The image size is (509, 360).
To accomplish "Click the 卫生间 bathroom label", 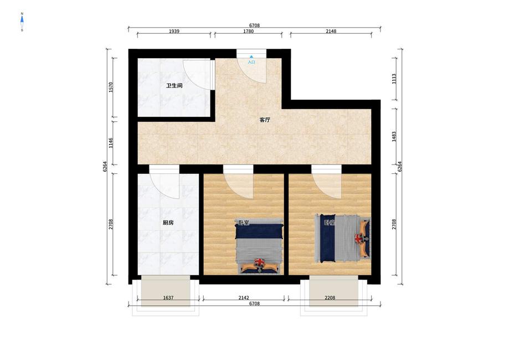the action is (x=174, y=86).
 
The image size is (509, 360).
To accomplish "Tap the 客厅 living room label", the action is (x=265, y=120).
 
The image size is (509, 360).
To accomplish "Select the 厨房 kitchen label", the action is (x=168, y=223).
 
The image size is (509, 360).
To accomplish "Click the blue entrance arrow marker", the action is (x=251, y=56).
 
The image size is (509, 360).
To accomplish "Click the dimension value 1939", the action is (x=174, y=31).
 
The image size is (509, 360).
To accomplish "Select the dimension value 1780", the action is (x=249, y=31).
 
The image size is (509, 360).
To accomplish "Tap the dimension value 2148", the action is (x=331, y=31).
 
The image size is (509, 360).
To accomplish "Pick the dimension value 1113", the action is (x=394, y=79).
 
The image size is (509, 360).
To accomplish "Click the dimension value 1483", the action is (x=394, y=136).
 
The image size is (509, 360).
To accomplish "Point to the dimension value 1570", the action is (x=111, y=88).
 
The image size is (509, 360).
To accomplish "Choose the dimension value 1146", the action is (x=111, y=143).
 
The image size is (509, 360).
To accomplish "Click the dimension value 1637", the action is (x=168, y=297).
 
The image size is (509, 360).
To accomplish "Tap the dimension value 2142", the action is (x=244, y=297).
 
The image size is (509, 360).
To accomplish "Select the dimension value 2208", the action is (x=330, y=297).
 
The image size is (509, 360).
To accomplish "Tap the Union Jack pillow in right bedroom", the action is (x=359, y=238).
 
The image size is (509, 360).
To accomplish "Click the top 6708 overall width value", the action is (x=255, y=25).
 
